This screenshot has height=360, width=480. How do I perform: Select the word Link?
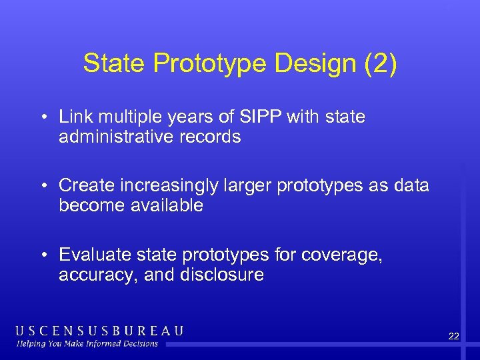(74, 117)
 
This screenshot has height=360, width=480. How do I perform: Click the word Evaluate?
(91, 254)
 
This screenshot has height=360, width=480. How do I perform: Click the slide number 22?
(453, 337)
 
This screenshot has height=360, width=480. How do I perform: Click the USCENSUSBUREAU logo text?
(99, 331)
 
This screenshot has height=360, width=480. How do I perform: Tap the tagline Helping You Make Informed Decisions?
(87, 344)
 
